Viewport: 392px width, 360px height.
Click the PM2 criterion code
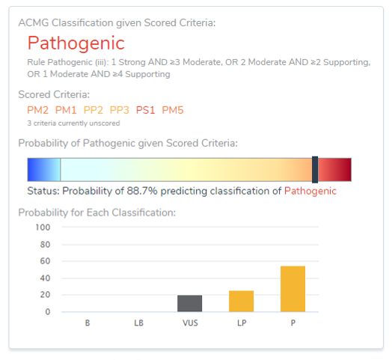37,110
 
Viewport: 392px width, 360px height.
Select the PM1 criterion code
66,110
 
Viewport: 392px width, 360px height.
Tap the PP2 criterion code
94,110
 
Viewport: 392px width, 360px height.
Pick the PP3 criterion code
120,110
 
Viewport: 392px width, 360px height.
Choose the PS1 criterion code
145,110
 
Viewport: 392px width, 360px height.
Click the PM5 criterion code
173,110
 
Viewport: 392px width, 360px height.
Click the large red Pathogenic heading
76,43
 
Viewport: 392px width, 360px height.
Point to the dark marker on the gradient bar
315,170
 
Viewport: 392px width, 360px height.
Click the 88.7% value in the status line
142,191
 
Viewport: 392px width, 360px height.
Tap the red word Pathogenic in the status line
310,191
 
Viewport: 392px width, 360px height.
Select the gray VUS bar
190,303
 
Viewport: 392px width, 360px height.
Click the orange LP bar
241,301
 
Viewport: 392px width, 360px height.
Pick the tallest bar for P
293,289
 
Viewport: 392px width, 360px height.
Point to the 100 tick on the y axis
43,228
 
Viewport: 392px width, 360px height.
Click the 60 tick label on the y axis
45,261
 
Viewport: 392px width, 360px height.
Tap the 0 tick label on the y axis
48,311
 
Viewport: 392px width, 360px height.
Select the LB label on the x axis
138,323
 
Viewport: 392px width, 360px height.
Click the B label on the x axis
88,323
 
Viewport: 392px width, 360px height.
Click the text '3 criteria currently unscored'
73,123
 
